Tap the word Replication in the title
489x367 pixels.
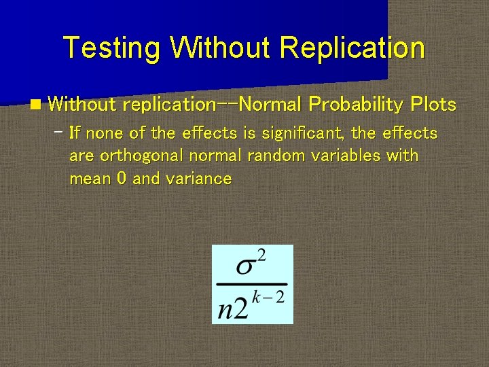tap(352, 48)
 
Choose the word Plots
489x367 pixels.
tap(433, 104)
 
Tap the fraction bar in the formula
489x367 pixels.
tap(252, 283)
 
